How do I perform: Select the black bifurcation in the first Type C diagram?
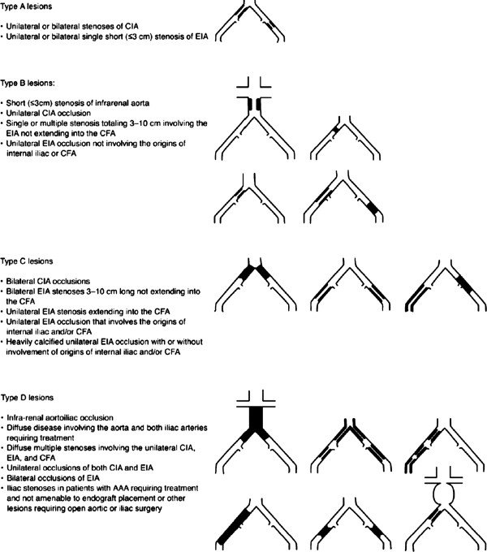(256, 273)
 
